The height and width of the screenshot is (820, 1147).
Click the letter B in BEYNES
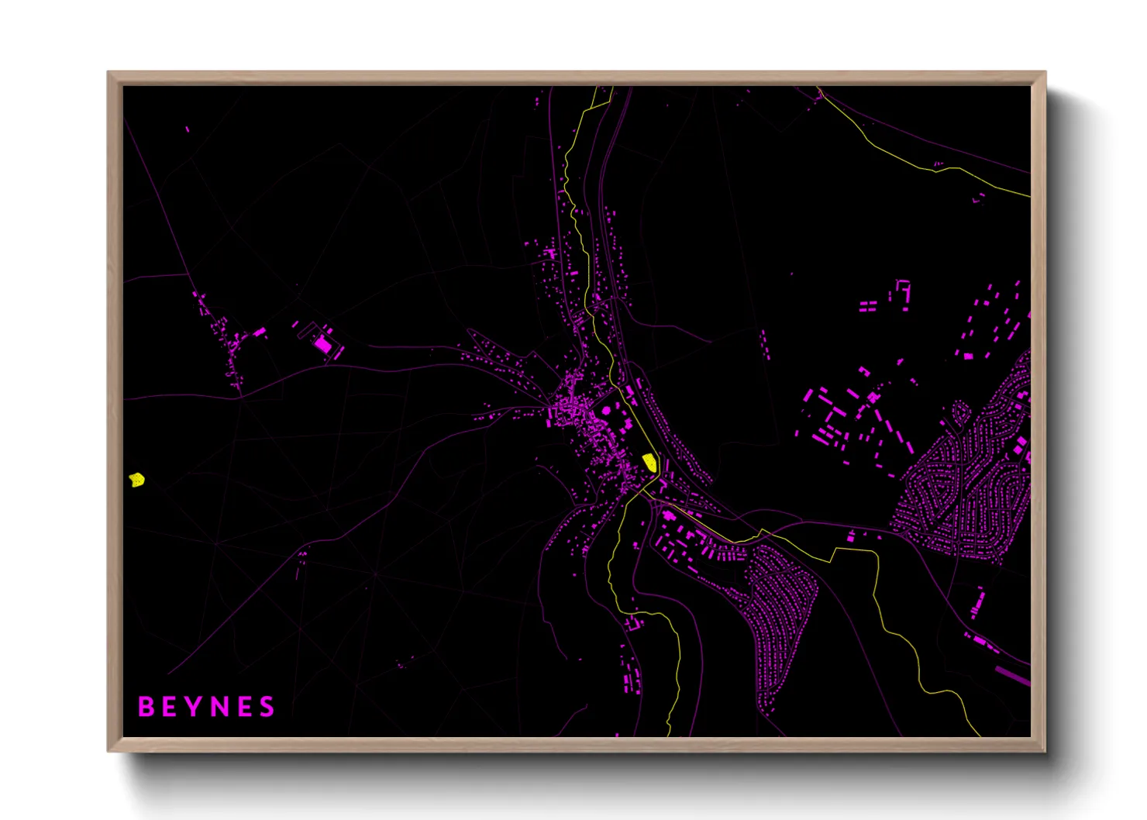(145, 707)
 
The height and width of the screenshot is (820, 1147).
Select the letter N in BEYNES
(219, 707)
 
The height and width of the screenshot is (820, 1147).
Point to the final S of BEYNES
(267, 707)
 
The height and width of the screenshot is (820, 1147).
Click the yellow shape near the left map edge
(137, 480)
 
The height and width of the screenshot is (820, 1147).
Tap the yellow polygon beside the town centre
(650, 463)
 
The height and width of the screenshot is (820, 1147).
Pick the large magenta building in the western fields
(322, 343)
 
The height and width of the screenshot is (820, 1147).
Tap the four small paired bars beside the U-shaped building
(868, 306)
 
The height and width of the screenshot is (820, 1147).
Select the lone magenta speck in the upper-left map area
(188, 129)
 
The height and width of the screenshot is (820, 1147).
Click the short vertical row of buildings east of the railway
(766, 344)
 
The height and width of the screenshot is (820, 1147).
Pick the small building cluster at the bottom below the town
(632, 674)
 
